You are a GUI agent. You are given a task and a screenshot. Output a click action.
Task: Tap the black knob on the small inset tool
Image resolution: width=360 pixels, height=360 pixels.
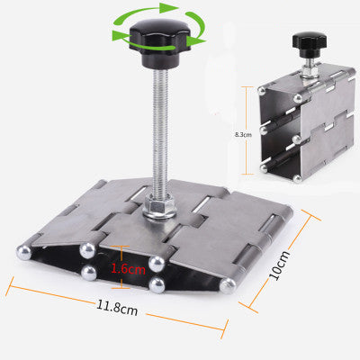pos(310,44)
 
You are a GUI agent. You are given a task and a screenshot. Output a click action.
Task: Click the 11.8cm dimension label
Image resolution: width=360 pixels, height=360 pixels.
pos(117,308)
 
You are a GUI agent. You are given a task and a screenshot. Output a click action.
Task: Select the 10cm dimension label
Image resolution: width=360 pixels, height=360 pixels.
pos(280,265)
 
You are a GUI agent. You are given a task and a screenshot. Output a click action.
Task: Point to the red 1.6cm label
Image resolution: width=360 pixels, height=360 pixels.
pos(129,269)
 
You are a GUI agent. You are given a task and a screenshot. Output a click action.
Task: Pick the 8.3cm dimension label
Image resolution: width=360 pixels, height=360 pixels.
pos(243,135)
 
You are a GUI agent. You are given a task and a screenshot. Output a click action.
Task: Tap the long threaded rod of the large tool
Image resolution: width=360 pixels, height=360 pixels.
pos(159,132)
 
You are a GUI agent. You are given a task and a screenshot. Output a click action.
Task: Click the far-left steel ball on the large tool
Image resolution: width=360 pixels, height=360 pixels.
pos(24,253)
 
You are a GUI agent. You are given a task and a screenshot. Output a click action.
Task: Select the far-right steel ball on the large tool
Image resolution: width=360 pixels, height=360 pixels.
pos(228,286)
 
